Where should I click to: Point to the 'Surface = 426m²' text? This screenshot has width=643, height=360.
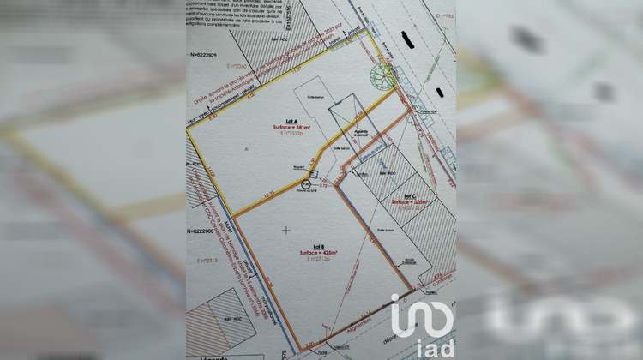pos(319,254)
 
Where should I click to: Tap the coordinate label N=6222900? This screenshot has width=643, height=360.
pos(206,232)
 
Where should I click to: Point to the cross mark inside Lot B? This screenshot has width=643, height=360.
pos(285,230)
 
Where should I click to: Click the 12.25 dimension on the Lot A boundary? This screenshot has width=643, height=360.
pos(269,196)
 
